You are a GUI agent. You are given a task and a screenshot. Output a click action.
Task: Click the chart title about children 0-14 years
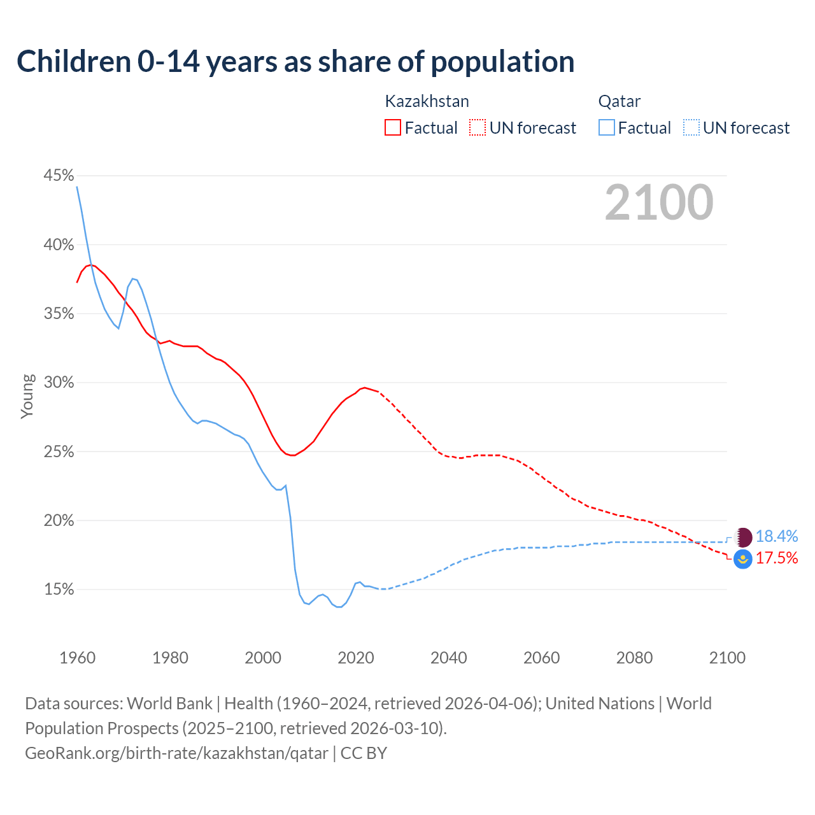pyautogui.click(x=295, y=62)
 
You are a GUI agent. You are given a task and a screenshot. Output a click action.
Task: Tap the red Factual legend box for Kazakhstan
pyautogui.click(x=393, y=128)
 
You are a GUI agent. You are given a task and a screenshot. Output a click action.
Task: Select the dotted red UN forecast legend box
pyautogui.click(x=478, y=128)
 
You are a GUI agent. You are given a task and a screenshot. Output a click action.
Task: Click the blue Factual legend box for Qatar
pyautogui.click(x=607, y=128)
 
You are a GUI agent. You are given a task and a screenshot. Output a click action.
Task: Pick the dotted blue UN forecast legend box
pyautogui.click(x=691, y=128)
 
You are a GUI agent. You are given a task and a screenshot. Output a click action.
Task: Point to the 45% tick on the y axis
pyautogui.click(x=59, y=175)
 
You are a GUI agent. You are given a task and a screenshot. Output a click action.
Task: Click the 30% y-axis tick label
pyautogui.click(x=59, y=382)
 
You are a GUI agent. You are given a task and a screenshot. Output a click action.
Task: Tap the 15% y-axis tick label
pyautogui.click(x=59, y=590)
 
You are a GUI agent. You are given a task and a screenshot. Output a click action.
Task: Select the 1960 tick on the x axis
pyautogui.click(x=78, y=658)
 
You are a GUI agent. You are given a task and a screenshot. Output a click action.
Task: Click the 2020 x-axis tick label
pyautogui.click(x=356, y=658)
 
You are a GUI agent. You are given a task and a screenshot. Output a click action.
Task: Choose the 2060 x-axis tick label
pyautogui.click(x=541, y=658)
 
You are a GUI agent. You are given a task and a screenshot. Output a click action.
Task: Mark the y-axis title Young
pyautogui.click(x=27, y=396)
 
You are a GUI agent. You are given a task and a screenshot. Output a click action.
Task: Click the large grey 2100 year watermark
pyautogui.click(x=659, y=202)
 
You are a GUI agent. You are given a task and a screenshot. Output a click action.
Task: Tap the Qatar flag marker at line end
pyautogui.click(x=743, y=537)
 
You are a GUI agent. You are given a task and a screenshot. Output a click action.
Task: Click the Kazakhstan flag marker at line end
pyautogui.click(x=743, y=559)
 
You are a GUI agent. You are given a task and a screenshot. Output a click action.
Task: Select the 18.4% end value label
pyautogui.click(x=777, y=537)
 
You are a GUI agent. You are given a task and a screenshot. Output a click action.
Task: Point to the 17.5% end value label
pyautogui.click(x=777, y=558)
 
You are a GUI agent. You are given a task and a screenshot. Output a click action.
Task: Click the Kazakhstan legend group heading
pyautogui.click(x=427, y=101)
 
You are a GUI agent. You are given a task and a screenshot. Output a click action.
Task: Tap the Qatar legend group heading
pyautogui.click(x=620, y=101)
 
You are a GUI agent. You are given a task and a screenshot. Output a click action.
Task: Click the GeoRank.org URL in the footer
pyautogui.click(x=176, y=753)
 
